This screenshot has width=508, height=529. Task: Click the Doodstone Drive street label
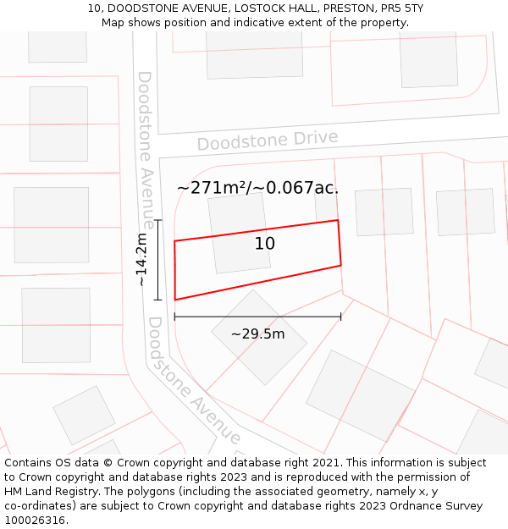pos(268,141)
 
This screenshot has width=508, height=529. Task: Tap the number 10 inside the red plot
pos(265,244)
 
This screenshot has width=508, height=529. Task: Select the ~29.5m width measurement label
pos(257,334)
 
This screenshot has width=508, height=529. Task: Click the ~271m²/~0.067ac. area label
pos(257,188)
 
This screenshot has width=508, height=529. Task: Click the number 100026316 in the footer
pos(35,521)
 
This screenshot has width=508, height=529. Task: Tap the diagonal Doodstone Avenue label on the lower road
pos(194,381)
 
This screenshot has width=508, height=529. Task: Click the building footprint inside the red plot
pos(239,233)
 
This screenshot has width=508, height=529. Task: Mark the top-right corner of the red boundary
pos(338,221)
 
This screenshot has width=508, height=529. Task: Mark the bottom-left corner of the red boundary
pos(175,300)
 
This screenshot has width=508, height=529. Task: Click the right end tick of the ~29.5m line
pos(340,317)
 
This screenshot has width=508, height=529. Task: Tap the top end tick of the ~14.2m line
pos(157,220)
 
